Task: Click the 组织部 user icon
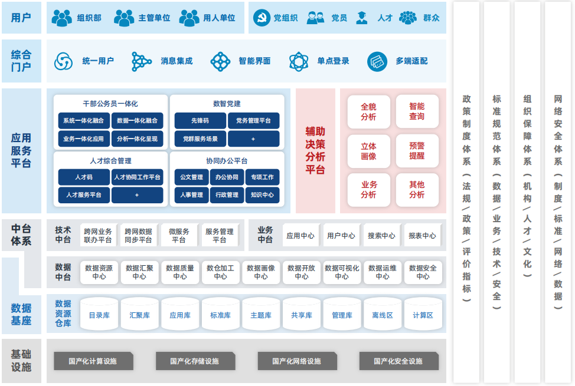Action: coord(62,18)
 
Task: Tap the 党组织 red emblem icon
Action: coord(260,18)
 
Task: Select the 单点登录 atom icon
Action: coord(299,61)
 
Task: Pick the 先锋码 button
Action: coord(200,121)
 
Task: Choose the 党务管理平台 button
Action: coord(253,121)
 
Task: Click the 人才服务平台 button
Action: coord(84,195)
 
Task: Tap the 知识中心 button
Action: coord(262,195)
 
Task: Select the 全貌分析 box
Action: coord(368,111)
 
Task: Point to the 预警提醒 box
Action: coord(417,150)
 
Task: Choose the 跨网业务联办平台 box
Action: coord(98,236)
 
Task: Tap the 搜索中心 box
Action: coord(381,236)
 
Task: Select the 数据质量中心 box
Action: coord(180,272)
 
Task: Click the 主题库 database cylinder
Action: coord(261,315)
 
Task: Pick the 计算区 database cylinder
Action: coord(423,315)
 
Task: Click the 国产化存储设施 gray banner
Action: coord(195,361)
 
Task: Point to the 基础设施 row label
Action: coord(21,361)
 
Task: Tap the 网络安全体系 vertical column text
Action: coord(558,194)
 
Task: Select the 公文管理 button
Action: coord(191,177)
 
